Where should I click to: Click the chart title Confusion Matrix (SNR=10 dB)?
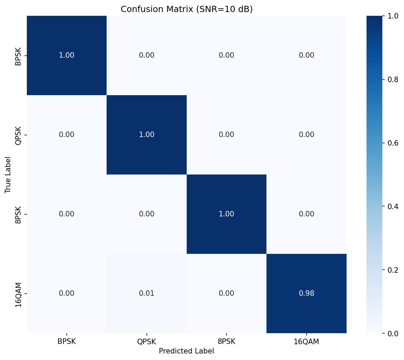tap(186, 9)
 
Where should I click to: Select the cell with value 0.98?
tap(306, 293)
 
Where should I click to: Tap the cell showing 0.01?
tap(146, 293)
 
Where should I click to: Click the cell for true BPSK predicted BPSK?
tap(67, 55)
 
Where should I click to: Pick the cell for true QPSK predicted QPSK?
tap(146, 135)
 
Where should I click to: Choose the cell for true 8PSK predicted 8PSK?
tap(227, 214)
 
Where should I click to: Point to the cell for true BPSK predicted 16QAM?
tap(306, 55)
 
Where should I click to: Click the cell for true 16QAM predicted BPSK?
tap(67, 293)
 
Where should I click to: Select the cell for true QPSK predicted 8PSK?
tap(227, 135)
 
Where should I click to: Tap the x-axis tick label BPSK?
tap(67, 342)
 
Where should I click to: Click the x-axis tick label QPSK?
tap(146, 342)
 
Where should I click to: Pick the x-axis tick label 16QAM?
tap(306, 342)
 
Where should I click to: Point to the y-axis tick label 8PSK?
tap(18, 214)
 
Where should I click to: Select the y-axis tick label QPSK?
tap(18, 135)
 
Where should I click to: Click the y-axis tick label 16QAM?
tap(18, 294)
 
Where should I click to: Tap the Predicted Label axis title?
tap(186, 351)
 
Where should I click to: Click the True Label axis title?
tap(8, 175)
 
